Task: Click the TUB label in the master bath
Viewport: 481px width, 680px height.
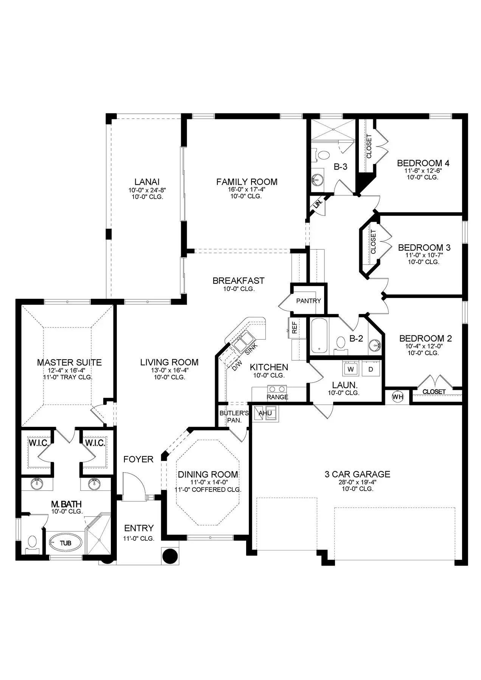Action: [65, 543]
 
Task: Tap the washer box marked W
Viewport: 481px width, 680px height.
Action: [351, 369]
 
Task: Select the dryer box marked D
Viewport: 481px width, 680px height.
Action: [371, 369]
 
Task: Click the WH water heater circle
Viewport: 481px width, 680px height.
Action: [397, 397]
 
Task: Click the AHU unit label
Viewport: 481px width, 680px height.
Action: [265, 413]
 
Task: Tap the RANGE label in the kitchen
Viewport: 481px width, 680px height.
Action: [278, 397]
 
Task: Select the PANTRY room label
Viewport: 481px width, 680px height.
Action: [309, 301]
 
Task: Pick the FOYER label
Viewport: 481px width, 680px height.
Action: [138, 459]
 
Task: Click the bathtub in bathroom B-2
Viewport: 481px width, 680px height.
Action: [320, 336]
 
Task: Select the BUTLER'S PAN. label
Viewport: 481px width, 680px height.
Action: [234, 417]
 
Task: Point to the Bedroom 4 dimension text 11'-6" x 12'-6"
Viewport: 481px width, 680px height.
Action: [423, 170]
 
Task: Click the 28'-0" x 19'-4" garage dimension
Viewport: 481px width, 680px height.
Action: [357, 482]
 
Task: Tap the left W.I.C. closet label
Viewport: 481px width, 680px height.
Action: [39, 443]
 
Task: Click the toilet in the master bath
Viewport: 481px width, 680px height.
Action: [32, 544]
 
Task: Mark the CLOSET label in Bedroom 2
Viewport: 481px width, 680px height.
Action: [434, 392]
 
